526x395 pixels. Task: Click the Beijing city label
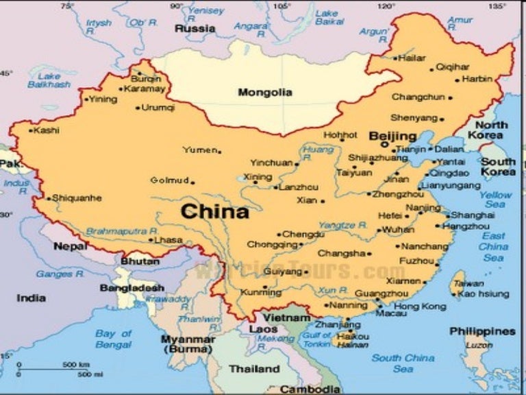pos(392,136)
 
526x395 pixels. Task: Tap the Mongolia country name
pos(264,92)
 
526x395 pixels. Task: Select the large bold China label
pos(214,211)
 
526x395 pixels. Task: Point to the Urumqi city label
pos(159,108)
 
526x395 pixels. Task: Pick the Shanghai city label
pos(472,215)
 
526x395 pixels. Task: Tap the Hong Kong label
pos(419,306)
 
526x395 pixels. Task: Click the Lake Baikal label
pos(329,17)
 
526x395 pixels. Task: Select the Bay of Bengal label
pos(113,338)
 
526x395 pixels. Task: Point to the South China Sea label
pos(403,363)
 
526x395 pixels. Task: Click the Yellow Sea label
pos(495,200)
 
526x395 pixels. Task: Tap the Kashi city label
pos(47,130)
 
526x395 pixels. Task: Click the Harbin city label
pos(477,79)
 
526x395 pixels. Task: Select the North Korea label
pos(491,130)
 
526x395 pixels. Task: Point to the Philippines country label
pos(482,331)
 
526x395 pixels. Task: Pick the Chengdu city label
pos(303,234)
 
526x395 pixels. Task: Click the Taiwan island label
pos(468,283)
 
